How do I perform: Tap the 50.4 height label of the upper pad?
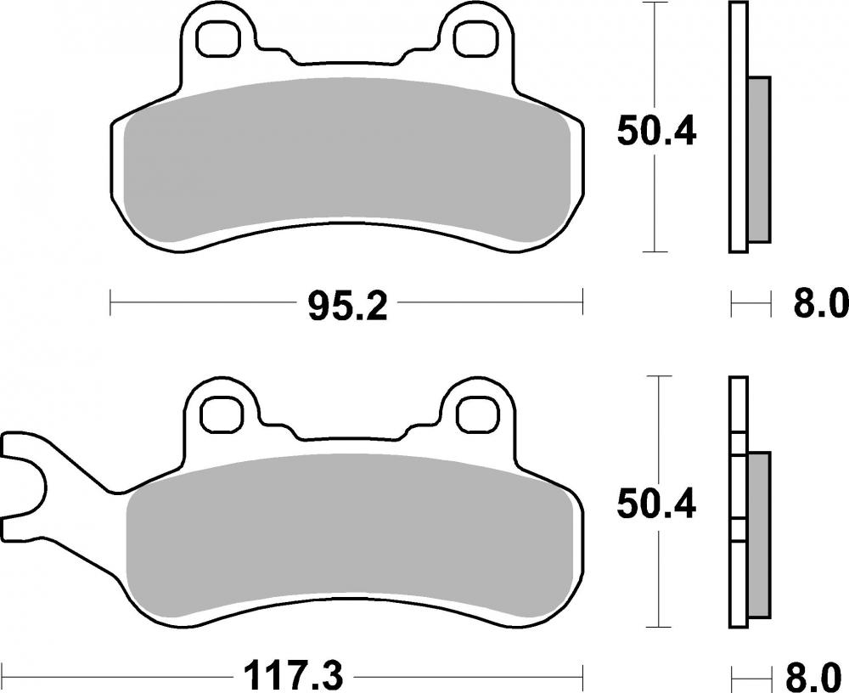tap(656, 132)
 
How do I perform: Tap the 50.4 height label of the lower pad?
tap(656, 504)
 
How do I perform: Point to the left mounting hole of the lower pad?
tap(218, 413)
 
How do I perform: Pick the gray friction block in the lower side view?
tap(760, 535)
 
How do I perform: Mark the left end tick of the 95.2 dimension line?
tap(111, 301)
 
